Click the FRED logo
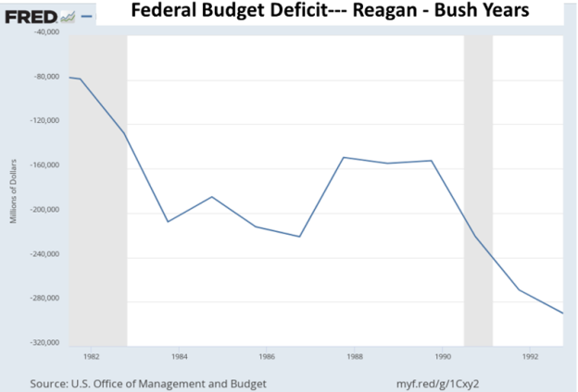pos(25,17)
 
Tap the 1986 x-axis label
pos(267,355)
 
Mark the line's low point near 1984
pos(168,222)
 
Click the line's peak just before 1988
pos(344,157)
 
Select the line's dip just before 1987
pos(300,237)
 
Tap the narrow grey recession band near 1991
pos(478,185)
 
